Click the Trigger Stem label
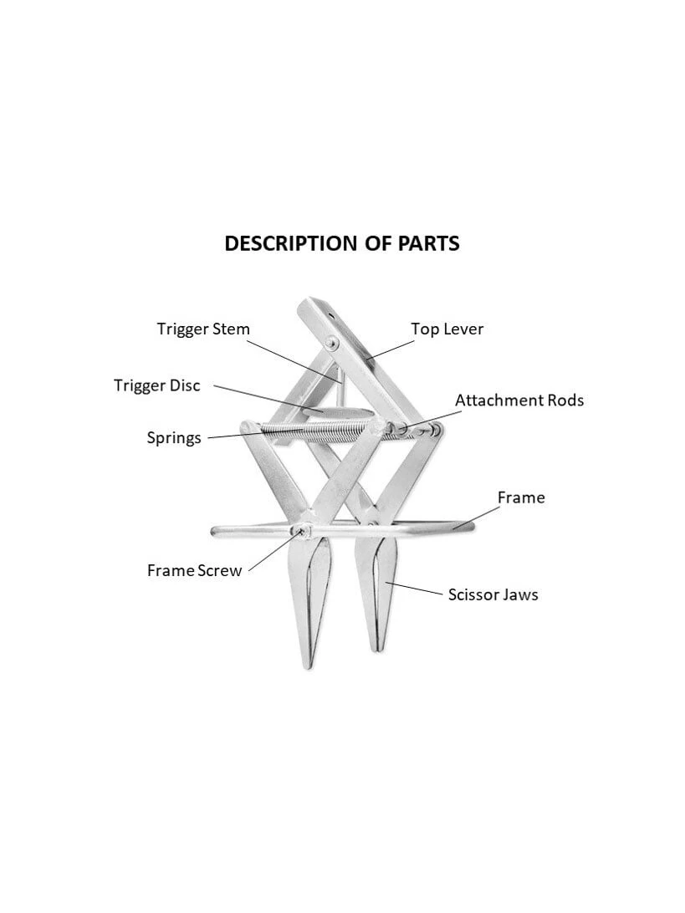click(x=203, y=329)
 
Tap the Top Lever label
click(x=447, y=329)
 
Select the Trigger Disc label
click(x=157, y=385)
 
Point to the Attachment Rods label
click(x=519, y=400)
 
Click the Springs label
click(x=174, y=437)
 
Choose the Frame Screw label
click(x=194, y=571)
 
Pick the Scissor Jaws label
click(x=493, y=594)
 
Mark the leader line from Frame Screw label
click(x=272, y=551)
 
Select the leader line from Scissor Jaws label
click(x=414, y=589)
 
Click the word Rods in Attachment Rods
click(x=563, y=400)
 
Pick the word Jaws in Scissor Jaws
click(x=519, y=594)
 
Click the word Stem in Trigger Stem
click(x=232, y=329)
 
